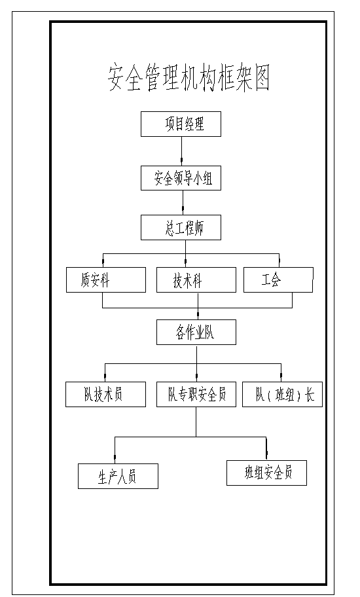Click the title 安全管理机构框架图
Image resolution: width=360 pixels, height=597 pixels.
tap(189, 79)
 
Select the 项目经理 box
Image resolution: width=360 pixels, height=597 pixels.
tap(181, 124)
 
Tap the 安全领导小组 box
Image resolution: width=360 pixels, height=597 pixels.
tap(181, 178)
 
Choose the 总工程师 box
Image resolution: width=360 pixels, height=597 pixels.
tap(181, 228)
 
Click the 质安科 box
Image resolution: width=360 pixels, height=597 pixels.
tap(106, 280)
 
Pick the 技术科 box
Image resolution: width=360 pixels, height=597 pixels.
tap(196, 280)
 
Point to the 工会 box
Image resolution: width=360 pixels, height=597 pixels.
tap(278, 280)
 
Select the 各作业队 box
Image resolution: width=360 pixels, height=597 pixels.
tap(196, 333)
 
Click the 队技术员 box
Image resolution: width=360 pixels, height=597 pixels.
tap(105, 395)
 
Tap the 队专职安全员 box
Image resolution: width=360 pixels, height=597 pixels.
tap(196, 395)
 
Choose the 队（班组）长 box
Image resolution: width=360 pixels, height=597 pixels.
tap(282, 395)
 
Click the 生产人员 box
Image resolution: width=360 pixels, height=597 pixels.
tap(118, 477)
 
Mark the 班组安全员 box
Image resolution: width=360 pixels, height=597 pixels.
tap(267, 473)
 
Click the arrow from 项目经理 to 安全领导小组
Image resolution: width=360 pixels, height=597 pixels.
tap(181, 151)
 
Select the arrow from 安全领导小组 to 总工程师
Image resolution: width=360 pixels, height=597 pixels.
tap(183, 202)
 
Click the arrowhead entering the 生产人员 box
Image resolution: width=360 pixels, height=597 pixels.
tap(115, 458)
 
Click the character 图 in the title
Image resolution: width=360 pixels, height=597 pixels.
tap(262, 79)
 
